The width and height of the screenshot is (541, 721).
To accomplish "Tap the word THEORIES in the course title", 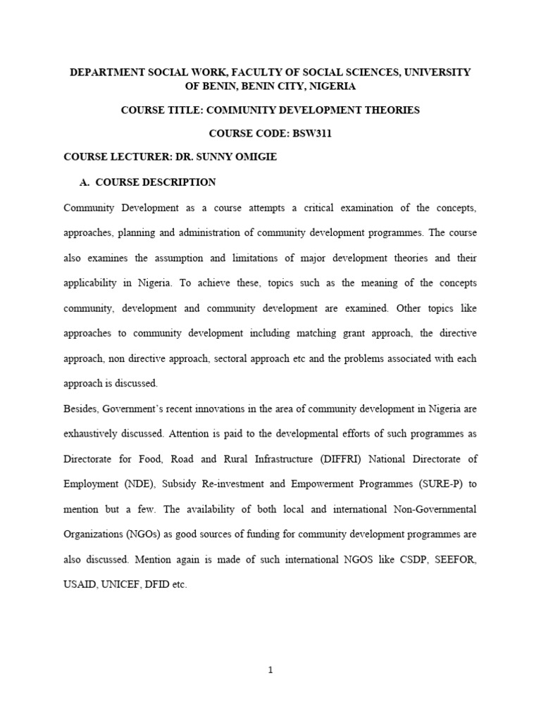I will point(390,110).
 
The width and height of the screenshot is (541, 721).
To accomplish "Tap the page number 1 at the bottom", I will point(271,670).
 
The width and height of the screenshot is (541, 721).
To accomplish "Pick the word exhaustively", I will point(95,434).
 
